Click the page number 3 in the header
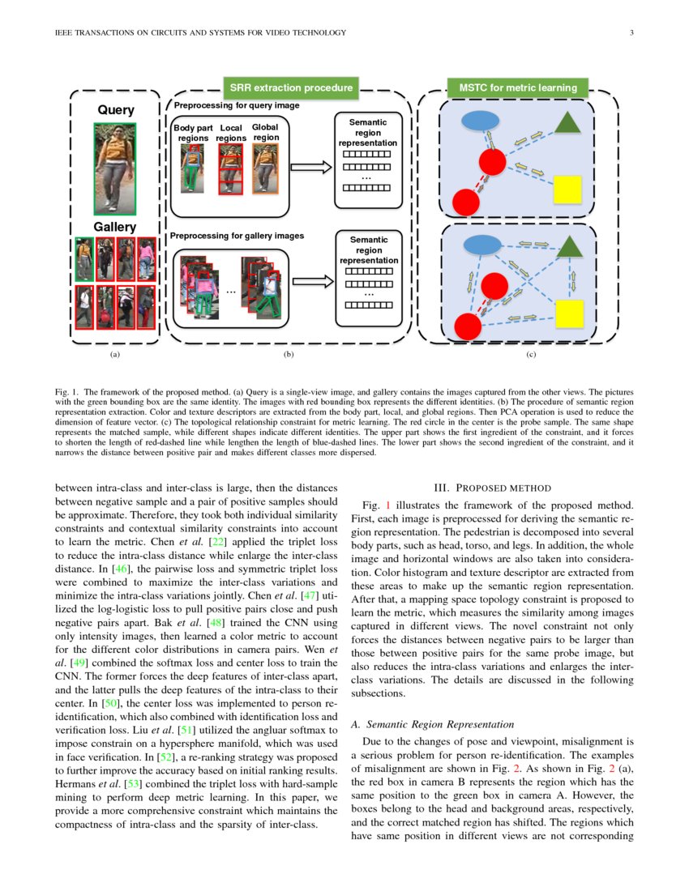631,32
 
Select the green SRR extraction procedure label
291,87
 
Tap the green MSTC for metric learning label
518,87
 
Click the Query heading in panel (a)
116,110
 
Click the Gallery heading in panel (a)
115,228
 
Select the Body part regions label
193,133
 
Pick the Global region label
265,132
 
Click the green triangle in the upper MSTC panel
567,122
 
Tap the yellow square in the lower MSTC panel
568,312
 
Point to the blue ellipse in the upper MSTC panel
481,120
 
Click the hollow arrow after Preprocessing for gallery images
312,282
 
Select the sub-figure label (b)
288,354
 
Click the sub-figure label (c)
531,354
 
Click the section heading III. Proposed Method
492,488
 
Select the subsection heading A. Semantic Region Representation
432,723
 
